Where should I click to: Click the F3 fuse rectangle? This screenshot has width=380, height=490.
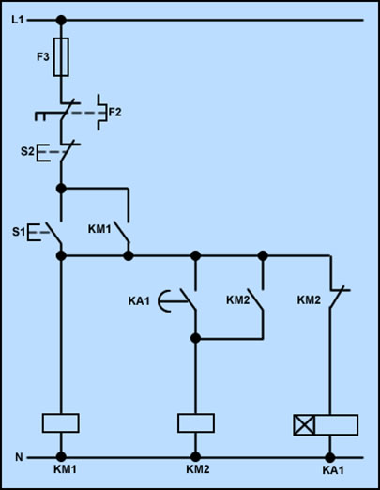(61, 57)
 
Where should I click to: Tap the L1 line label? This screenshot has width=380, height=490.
(18, 20)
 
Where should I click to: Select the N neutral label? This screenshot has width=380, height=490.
(19, 457)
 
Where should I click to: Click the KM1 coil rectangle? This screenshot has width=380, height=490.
(61, 423)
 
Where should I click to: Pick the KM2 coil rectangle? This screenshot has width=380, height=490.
(196, 423)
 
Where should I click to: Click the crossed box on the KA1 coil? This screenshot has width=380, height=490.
(304, 424)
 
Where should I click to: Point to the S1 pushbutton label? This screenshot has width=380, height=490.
(18, 232)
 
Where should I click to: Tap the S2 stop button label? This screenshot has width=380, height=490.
(27, 151)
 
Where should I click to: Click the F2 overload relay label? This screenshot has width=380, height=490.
(114, 112)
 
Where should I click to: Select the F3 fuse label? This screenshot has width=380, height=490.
(43, 57)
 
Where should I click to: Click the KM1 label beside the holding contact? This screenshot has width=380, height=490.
(99, 229)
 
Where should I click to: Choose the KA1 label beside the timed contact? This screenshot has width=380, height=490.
(139, 301)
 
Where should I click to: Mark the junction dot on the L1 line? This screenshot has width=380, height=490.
(61, 21)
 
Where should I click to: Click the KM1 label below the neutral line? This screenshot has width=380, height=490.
(65, 469)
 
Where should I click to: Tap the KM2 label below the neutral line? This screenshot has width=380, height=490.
(198, 469)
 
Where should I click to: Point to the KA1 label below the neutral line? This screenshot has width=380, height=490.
(333, 470)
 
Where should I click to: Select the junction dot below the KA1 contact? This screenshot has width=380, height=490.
(195, 338)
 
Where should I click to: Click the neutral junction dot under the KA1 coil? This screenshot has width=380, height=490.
(330, 457)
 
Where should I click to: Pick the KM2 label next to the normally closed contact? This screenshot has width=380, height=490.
(309, 300)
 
